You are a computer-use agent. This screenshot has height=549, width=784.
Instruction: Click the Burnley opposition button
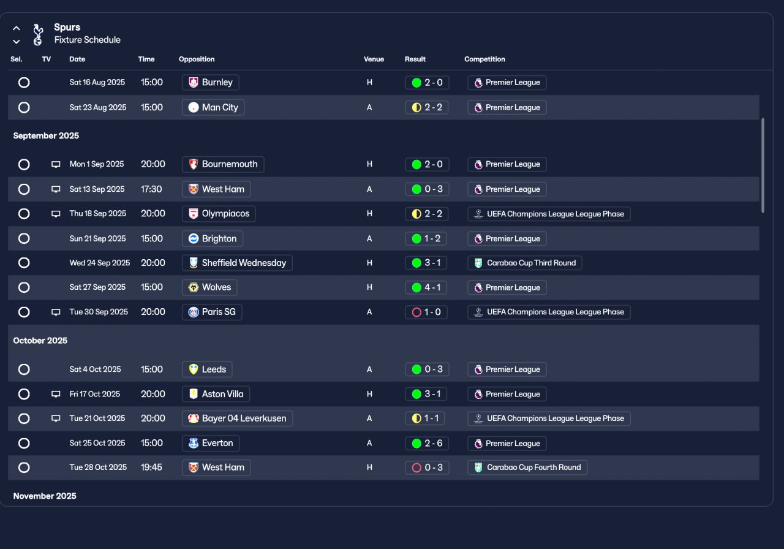click(211, 83)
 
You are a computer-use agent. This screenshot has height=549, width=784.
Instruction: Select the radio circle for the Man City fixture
click(24, 107)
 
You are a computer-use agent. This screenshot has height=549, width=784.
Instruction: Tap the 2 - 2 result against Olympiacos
click(427, 214)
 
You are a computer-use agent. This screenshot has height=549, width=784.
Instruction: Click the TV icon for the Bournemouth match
click(56, 164)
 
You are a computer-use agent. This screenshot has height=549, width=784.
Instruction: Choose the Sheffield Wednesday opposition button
click(237, 263)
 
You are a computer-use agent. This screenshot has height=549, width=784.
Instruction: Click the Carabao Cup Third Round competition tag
click(524, 263)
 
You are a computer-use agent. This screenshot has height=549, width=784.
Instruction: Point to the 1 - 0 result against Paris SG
click(426, 312)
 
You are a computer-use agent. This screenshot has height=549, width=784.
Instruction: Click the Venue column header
click(374, 59)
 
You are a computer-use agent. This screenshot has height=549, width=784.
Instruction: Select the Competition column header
click(484, 59)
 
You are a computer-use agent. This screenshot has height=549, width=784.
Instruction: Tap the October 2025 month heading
click(40, 341)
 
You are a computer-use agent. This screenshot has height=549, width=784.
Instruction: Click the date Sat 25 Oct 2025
click(97, 443)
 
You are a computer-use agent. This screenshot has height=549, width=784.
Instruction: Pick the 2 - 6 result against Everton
click(427, 443)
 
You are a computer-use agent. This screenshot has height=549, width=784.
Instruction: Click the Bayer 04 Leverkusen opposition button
click(238, 418)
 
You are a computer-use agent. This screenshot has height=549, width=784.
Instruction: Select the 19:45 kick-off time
click(151, 468)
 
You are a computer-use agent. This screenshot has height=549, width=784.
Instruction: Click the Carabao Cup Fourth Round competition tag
click(527, 468)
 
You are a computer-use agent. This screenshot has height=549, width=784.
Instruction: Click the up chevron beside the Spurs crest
click(17, 28)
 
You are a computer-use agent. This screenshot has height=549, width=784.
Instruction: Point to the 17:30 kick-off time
click(151, 189)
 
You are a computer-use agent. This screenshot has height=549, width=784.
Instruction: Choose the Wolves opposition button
click(209, 287)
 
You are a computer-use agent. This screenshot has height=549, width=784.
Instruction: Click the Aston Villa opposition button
click(216, 394)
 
